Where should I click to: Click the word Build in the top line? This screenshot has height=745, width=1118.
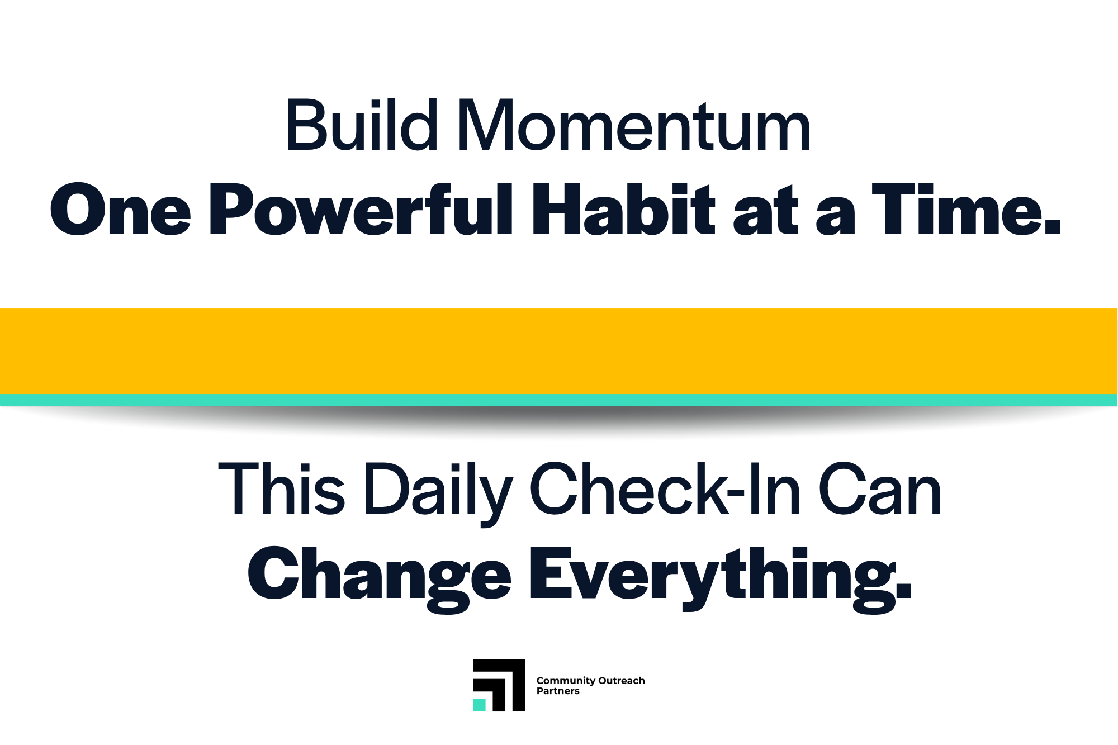361,125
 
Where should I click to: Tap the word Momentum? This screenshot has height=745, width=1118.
634,125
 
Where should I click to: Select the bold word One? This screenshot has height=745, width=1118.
121,210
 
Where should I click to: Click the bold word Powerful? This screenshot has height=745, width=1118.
361,210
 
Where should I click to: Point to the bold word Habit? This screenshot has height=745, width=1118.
623,210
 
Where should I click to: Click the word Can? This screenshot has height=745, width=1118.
880,488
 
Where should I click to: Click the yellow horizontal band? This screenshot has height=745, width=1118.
559,351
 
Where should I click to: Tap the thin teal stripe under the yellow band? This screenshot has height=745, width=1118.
559,400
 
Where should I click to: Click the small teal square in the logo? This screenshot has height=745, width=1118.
479,705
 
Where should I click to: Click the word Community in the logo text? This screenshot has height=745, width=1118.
566,681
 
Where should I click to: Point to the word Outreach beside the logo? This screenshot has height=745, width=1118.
622,681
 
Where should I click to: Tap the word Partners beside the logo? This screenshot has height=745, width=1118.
558,691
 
